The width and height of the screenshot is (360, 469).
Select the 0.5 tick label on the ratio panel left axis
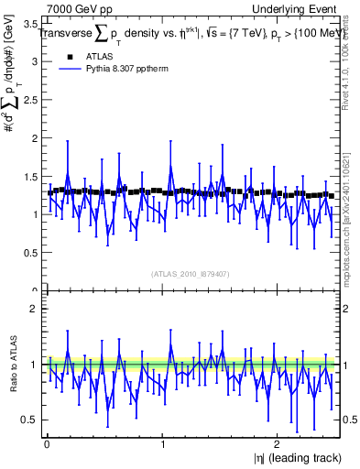(28, 420)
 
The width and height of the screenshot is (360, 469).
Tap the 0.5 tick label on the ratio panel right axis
(347, 420)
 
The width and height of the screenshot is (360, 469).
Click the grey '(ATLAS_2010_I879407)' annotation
(190, 273)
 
